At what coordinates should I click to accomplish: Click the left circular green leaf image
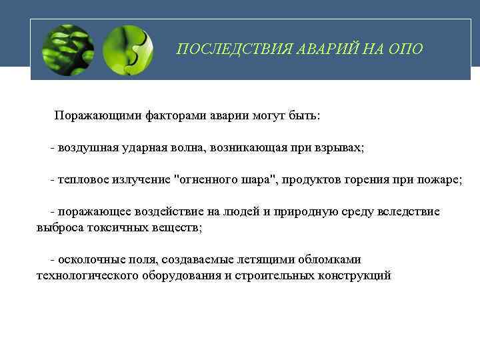point(68,50)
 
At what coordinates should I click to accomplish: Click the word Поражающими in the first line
point(97,116)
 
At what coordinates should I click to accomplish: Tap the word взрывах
point(338,147)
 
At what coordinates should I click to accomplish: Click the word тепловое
point(81,180)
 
